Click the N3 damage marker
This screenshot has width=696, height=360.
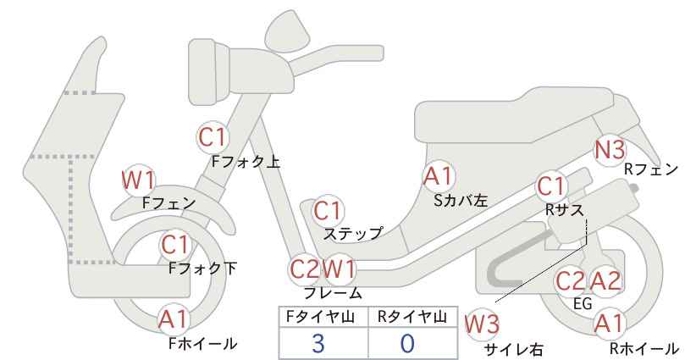(610, 150)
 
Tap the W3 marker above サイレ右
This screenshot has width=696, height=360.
(482, 325)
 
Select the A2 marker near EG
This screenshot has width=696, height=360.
(605, 281)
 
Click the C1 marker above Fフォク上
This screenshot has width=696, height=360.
(213, 137)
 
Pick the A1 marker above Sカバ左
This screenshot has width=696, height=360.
(438, 176)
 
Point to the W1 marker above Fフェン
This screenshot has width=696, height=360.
(139, 180)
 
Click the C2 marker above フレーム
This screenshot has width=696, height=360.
(305, 269)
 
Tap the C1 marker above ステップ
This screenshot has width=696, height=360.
(328, 211)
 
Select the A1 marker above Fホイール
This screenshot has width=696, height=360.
(174, 319)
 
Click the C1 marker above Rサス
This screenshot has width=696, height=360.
(551, 187)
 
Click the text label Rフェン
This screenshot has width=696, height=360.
(651, 169)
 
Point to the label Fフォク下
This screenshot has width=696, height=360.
(203, 269)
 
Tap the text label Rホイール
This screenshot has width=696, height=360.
(644, 348)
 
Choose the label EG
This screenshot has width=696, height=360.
(583, 303)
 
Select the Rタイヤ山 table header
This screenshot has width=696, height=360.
(412, 317)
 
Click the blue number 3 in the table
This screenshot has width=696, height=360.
(318, 343)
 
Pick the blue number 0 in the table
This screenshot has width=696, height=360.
(407, 343)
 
